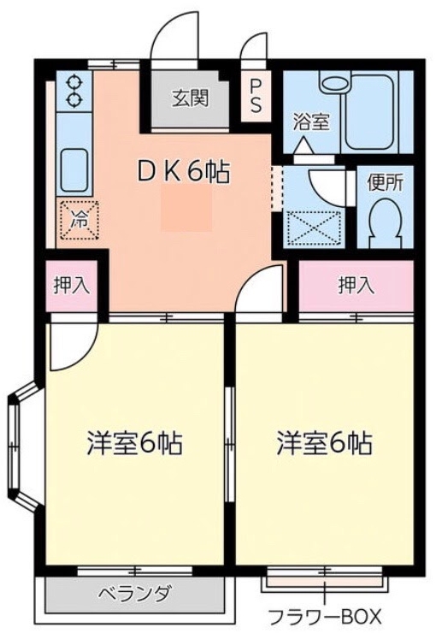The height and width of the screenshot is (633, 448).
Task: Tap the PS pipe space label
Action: pyautogui.click(x=256, y=96)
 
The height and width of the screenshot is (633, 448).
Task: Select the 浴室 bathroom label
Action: pyautogui.click(x=311, y=122)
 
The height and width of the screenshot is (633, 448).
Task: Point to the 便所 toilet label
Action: pyautogui.click(x=385, y=183)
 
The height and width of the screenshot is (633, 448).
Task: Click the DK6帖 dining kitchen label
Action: pyautogui.click(x=184, y=173)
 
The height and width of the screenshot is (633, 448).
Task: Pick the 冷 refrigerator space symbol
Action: pyautogui.click(x=80, y=220)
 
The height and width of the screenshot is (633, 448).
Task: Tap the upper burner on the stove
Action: pyautogui.click(x=74, y=82)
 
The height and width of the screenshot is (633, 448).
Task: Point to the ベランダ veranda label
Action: pyautogui.click(x=135, y=593)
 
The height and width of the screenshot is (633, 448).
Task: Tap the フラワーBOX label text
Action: pyautogui.click(x=325, y=617)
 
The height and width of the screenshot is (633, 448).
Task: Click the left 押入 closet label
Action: pyautogui.click(x=71, y=286)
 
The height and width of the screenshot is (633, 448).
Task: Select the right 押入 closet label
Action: pyautogui.click(x=357, y=286)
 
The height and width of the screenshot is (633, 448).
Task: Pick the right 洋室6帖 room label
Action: pyautogui.click(x=325, y=443)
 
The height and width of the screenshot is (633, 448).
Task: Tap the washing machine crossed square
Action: pyautogui.click(x=315, y=228)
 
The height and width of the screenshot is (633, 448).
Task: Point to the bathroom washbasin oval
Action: pyautogui.click(x=336, y=85)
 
